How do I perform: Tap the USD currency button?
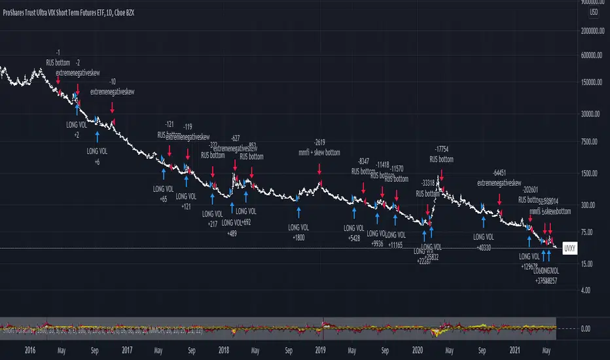(x=594, y=12)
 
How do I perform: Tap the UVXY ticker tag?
(x=569, y=249)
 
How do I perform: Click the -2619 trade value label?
(x=319, y=142)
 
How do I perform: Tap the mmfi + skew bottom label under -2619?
(x=319, y=152)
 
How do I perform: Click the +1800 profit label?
(x=300, y=238)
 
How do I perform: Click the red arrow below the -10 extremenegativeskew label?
(x=113, y=107)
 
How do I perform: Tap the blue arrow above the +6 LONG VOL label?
(x=98, y=135)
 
